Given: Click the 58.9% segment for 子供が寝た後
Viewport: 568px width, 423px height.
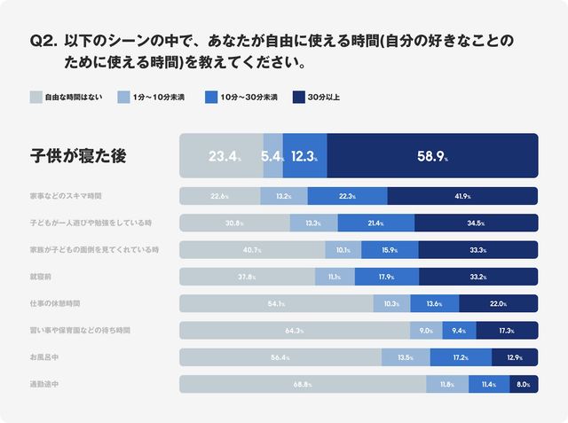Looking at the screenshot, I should coord(432,156).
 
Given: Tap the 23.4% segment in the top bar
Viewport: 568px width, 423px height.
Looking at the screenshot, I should coord(222,156).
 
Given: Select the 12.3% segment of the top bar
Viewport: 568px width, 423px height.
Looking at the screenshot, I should coord(304,156).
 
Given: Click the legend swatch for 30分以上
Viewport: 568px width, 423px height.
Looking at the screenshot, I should coord(299,97).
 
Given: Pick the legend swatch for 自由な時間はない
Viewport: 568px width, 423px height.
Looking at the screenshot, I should coord(36,97).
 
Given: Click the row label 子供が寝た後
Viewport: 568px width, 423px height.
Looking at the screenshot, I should coord(79,156).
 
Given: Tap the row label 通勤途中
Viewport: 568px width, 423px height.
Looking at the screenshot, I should coord(48,384).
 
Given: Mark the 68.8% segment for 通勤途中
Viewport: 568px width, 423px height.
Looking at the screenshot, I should coord(303,384).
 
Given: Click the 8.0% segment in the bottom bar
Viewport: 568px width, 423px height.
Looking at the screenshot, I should coord(524,384).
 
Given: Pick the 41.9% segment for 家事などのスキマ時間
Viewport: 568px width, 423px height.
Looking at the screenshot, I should coord(462,196).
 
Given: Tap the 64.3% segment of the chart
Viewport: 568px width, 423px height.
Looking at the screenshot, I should coord(294,331).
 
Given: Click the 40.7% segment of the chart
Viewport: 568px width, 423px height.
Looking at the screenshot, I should coord(252,250).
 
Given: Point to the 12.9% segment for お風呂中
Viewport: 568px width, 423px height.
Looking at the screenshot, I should coord(514,357).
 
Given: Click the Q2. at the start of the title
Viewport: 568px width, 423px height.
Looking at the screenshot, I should coord(43,42).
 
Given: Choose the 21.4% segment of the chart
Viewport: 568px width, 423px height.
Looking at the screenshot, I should coord(375,223).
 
